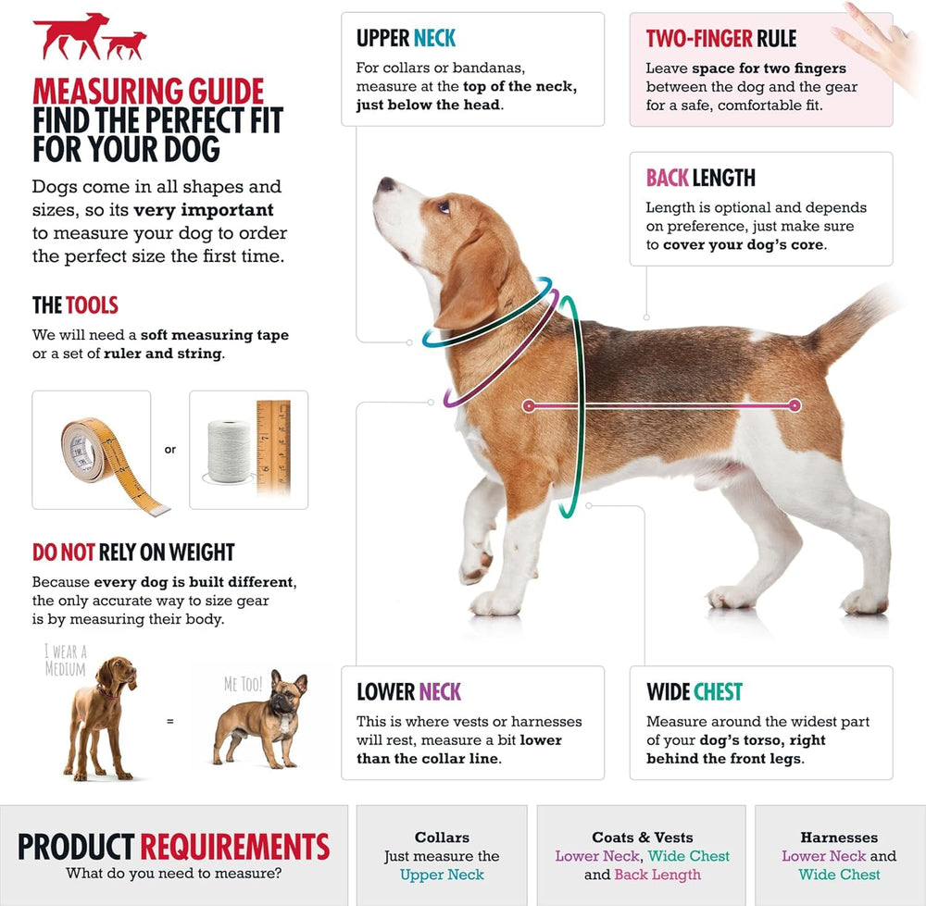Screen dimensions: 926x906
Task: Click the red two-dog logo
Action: click(89, 37)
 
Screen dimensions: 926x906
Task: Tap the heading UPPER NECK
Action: click(406, 38)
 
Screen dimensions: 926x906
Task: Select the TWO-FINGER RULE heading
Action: click(721, 38)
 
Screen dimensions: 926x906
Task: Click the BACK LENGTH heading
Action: click(700, 178)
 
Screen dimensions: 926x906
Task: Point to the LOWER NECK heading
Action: click(408, 691)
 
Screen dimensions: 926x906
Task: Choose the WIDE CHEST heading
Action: click(694, 691)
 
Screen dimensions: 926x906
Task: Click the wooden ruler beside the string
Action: click(273, 447)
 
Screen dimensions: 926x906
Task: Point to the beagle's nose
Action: click(387, 184)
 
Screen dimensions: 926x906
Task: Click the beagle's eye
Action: click(444, 206)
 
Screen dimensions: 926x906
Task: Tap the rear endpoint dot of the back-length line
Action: click(795, 405)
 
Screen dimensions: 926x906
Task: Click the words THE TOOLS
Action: click(75, 305)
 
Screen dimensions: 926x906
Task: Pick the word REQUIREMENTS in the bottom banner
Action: click(234, 846)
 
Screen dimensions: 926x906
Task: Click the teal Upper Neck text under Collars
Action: click(442, 875)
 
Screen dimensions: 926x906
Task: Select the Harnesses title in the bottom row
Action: click(839, 838)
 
